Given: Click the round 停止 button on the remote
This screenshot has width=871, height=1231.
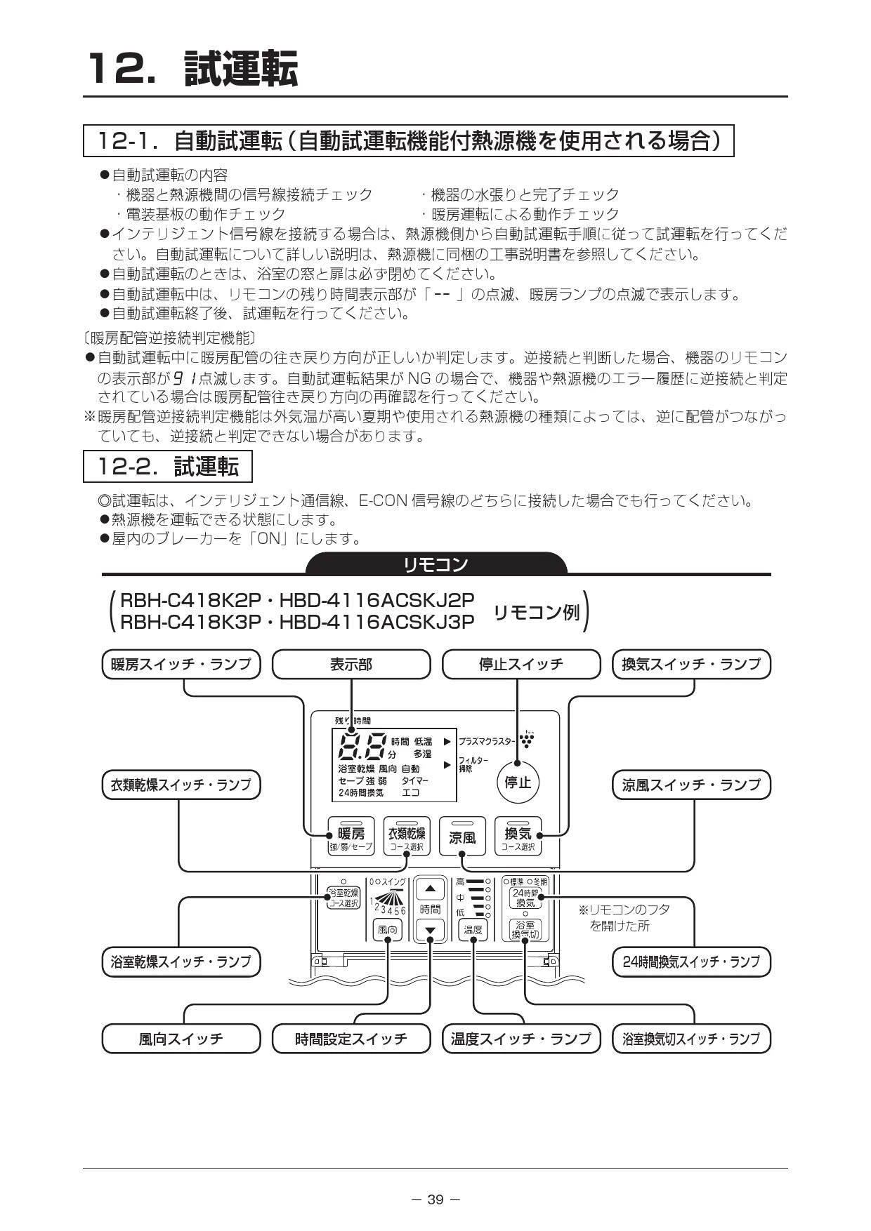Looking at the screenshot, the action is [x=518, y=782].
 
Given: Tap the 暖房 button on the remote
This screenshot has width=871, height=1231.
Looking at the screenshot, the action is [x=351, y=836].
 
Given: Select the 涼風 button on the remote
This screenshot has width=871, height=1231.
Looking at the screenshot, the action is [x=462, y=836].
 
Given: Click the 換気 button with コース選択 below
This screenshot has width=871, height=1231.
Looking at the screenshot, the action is [x=518, y=836].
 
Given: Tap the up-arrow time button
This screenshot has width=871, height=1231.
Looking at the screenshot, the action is [x=431, y=889].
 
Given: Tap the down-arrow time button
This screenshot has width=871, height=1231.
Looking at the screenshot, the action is [x=431, y=931].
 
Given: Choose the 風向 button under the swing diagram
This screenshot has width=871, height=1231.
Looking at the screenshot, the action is [x=387, y=930].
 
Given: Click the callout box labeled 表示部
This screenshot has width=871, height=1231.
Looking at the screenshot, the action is [x=351, y=664].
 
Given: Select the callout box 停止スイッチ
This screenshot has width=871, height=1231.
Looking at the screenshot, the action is [x=521, y=664].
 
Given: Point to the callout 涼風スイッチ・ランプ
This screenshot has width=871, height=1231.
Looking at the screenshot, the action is [x=691, y=785].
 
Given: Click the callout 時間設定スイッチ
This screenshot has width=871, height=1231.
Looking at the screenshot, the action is [x=351, y=1039].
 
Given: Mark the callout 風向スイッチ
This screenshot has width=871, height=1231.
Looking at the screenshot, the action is [x=181, y=1039].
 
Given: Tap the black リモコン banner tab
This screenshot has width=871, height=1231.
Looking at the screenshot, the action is [x=436, y=564].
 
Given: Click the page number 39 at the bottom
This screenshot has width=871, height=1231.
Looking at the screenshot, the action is [x=435, y=1199].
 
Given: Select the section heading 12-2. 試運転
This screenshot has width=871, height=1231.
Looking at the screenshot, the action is [x=167, y=467].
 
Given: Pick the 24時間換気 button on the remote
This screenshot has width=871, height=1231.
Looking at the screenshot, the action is [x=525, y=898].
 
